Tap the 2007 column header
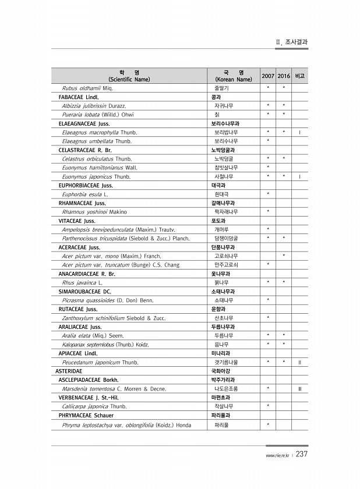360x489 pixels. tap(268, 76)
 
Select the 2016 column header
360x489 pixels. tap(284, 76)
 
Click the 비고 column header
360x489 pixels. tap(299, 76)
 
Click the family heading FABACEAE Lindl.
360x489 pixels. tap(79, 97)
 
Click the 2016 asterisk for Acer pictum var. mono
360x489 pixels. tap(284, 256)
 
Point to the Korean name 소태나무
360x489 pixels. tap(223, 300)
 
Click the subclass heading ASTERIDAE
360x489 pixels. tap(69, 370)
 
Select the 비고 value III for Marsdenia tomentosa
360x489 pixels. tap(299, 388)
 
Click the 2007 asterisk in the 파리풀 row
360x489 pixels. tap(268, 424)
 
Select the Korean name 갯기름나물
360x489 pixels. tap(226, 362)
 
